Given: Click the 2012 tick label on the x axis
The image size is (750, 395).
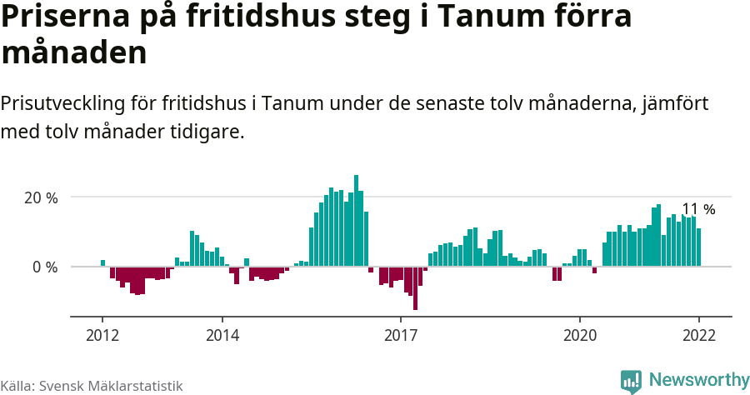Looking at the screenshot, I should point(102,335).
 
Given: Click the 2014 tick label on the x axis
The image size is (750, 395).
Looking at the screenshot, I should point(222,335).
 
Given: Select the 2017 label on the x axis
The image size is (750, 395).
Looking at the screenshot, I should point(401,335).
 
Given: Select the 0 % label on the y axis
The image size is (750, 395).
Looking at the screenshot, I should point(46,267).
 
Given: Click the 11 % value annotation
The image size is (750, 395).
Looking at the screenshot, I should point(698,209).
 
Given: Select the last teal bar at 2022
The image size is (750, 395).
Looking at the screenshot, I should point(699,247).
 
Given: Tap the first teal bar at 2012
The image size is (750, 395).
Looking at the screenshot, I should point(102,263).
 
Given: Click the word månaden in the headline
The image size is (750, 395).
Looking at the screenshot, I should point(74,52).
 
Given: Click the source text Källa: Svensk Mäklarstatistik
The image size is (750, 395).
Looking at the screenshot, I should point(92,386).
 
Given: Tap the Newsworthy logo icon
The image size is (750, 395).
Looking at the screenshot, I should point(631,382).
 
